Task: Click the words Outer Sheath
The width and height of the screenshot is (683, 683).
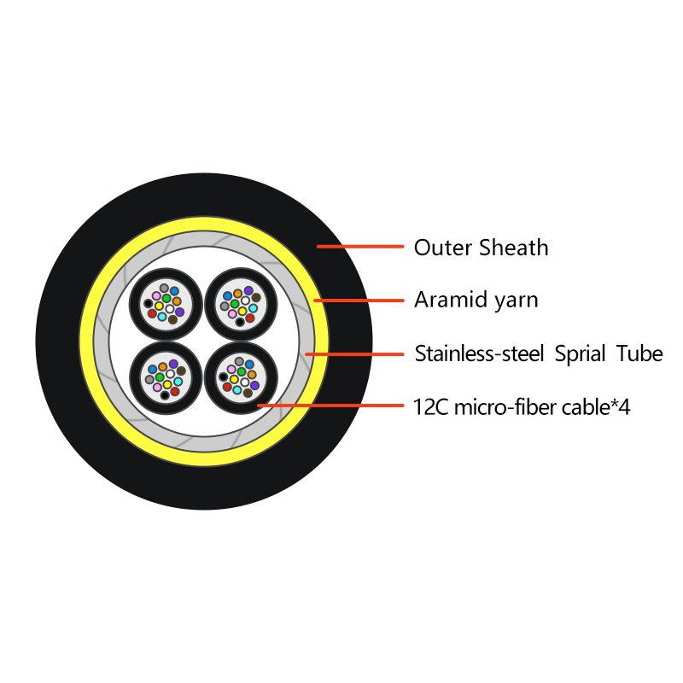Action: [481, 248]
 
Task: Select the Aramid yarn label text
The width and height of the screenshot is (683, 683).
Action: [476, 301]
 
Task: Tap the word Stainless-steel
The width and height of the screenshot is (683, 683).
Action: [479, 353]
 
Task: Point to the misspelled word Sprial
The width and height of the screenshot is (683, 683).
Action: [581, 354]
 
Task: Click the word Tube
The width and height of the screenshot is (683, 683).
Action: [639, 353]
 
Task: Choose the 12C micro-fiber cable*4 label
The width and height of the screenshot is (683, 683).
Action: [522, 408]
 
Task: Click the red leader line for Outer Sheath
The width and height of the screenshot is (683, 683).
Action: [360, 247]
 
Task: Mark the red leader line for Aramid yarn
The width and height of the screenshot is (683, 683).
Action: [359, 301]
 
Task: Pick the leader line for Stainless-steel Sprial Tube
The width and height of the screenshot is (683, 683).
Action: [354, 354]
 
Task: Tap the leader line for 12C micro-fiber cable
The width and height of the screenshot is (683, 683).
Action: [330, 406]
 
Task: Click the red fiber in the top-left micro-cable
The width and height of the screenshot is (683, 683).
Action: [152, 313]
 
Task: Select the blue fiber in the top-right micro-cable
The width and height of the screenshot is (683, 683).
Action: [227, 296]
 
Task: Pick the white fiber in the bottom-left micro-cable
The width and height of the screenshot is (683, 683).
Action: [170, 374]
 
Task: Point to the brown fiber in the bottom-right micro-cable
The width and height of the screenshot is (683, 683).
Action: [248, 393]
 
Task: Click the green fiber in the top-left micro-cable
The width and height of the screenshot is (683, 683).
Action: [166, 298]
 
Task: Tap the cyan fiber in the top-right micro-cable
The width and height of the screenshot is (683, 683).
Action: [253, 308]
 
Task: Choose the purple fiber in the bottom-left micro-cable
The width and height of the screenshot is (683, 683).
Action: [173, 364]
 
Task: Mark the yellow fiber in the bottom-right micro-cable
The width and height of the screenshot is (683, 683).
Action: [234, 379]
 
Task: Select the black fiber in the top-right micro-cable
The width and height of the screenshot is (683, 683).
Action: [240, 322]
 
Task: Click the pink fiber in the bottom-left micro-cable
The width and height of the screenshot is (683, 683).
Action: [157, 387]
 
